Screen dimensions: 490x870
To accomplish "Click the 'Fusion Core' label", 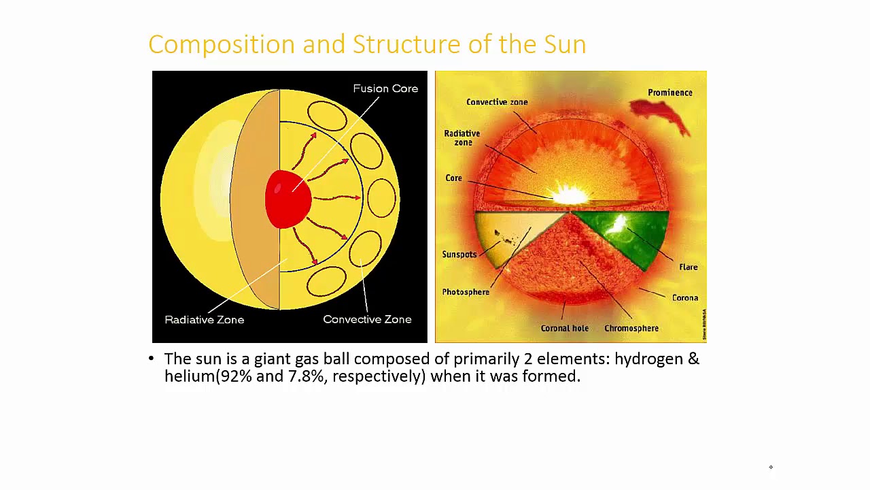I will click(385, 88).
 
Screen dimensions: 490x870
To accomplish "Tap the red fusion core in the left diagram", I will click(288, 199).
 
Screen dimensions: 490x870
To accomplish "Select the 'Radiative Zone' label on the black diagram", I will click(204, 319).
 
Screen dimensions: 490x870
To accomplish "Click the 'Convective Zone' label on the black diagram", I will click(367, 319).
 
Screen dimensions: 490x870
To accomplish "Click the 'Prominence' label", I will click(669, 93).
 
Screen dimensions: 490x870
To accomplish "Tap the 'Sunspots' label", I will click(459, 255).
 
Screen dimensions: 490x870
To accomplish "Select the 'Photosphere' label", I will click(465, 292).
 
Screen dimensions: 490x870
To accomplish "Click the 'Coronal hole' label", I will click(564, 328).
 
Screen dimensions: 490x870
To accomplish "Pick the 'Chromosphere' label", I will click(631, 328).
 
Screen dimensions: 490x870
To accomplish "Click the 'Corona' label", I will click(684, 298).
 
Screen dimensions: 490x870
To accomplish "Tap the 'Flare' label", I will click(688, 267).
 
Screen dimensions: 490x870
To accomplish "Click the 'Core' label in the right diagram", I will click(453, 178).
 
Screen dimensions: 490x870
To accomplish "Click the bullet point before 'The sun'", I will click(151, 359).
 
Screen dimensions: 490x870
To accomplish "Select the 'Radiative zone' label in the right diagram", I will click(462, 138).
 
